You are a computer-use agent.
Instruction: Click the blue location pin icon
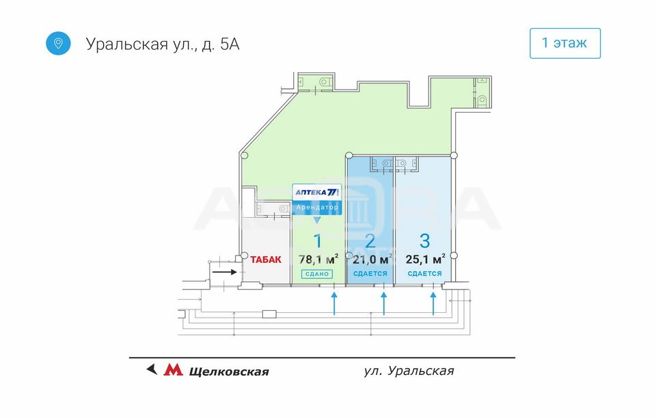pyautogui.click(x=59, y=43)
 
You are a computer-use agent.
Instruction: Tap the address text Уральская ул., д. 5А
pyautogui.click(x=163, y=44)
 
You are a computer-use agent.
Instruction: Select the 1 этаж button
pyautogui.click(x=564, y=43)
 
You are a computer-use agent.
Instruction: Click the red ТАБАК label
pyautogui.click(x=265, y=260)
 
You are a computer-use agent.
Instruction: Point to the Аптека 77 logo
pyautogui.click(x=317, y=192)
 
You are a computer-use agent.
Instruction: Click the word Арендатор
pyautogui.click(x=317, y=207)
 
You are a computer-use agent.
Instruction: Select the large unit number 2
pyautogui.click(x=370, y=240)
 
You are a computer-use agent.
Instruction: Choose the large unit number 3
pyautogui.click(x=425, y=240)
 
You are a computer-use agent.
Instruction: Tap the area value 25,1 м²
pyautogui.click(x=425, y=259)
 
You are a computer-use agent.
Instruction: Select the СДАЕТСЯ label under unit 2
pyautogui.click(x=370, y=274)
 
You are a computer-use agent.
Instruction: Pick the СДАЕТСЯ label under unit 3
pyautogui.click(x=424, y=274)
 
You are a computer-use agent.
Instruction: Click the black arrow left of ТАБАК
pyautogui.click(x=224, y=271)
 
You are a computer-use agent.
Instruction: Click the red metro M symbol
pyautogui.click(x=174, y=370)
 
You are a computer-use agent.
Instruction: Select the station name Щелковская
pyautogui.click(x=228, y=372)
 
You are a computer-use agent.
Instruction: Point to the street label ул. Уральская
pyautogui.click(x=409, y=371)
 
